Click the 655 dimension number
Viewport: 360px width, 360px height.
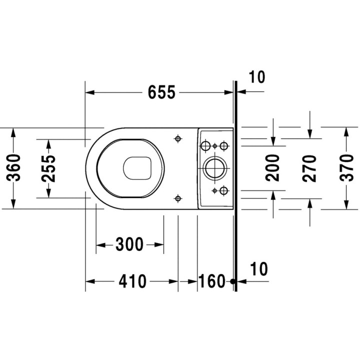pyautogui.click(x=161, y=92)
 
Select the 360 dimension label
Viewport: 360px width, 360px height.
pyautogui.click(x=13, y=168)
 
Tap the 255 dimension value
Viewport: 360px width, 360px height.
pyautogui.click(x=48, y=169)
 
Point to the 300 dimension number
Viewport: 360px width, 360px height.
pyautogui.click(x=129, y=244)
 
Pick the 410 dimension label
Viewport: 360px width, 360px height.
pyautogui.click(x=132, y=281)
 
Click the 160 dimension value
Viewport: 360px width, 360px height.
pyautogui.click(x=212, y=281)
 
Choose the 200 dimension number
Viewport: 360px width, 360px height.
pyautogui.click(x=272, y=168)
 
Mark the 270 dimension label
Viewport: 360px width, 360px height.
pyautogui.click(x=309, y=168)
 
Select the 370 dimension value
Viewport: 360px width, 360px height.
pyautogui.click(x=346, y=168)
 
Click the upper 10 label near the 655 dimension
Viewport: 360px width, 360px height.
pyautogui.click(x=257, y=77)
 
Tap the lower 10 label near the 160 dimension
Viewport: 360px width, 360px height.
pyautogui.click(x=259, y=269)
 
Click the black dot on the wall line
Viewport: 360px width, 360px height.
pyautogui.click(x=233, y=281)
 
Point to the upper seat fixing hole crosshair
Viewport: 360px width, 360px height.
pyautogui.click(x=178, y=138)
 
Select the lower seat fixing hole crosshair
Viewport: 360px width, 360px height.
pyautogui.click(x=178, y=198)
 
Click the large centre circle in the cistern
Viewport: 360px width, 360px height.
pyautogui.click(x=214, y=168)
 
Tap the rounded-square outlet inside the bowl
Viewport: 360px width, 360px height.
pyautogui.click(x=137, y=168)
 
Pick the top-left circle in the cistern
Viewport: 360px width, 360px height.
pyautogui.click(x=205, y=145)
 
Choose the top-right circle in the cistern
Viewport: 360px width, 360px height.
pyautogui.click(x=224, y=145)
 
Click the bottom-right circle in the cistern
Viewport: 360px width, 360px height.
pyautogui.click(x=224, y=190)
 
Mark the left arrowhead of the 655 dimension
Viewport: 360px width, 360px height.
pyautogui.click(x=90, y=92)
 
